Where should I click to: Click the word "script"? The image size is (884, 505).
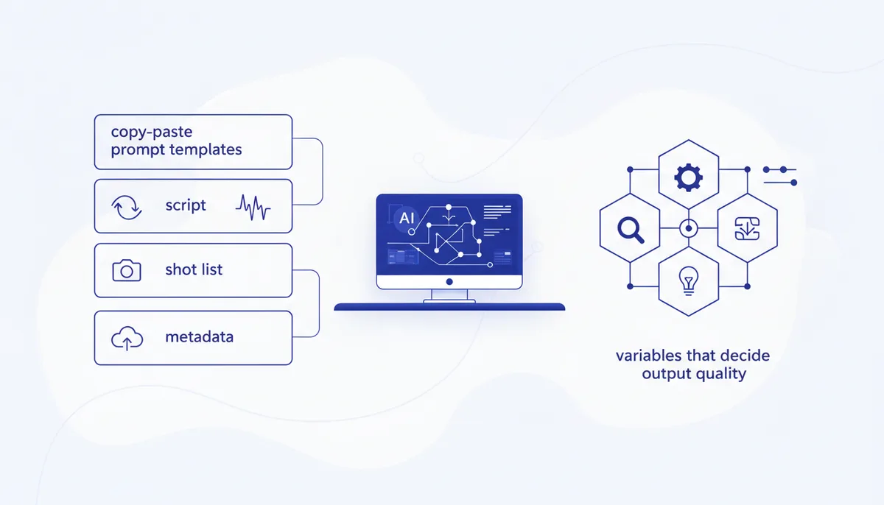186,205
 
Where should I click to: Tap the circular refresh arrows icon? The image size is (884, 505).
127,208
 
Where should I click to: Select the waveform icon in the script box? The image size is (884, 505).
253,208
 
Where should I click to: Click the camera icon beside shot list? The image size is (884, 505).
127,270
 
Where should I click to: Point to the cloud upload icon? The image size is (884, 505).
127,338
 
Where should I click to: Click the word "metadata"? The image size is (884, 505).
200,337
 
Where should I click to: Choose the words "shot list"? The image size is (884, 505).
194,269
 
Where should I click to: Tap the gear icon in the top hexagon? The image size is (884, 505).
688,178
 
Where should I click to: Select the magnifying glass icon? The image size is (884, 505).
631,230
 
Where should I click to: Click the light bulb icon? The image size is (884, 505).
689,280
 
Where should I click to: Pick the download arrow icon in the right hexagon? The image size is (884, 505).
747,229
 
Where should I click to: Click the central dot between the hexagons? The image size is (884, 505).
689,228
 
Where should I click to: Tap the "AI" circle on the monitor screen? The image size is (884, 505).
407,218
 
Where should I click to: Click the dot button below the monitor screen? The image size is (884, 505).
449,281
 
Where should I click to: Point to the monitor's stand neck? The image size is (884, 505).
449,294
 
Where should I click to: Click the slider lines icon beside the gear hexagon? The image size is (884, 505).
780,176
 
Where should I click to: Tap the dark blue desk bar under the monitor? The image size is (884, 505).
449,307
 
